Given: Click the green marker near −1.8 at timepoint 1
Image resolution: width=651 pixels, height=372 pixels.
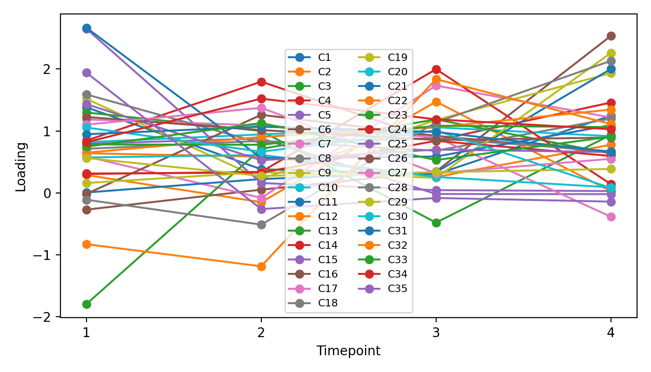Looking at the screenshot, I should coord(86,304).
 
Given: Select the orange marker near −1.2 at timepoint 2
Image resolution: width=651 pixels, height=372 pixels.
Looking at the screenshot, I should coord(261,266).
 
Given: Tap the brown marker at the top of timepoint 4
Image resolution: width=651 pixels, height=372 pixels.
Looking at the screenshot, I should coord(611,36).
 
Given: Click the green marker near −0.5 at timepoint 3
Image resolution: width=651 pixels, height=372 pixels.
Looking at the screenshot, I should coord(436,223).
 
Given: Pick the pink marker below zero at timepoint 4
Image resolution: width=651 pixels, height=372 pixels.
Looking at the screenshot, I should coord(611,217).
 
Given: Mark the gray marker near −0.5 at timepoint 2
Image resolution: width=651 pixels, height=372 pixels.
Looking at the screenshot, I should coord(261,225).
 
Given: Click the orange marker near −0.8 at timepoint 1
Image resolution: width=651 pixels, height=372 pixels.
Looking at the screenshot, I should coord(86,244).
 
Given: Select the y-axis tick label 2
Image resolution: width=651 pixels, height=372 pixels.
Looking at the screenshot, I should coord(52,69).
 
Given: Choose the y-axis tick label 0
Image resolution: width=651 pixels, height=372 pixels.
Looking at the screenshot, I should coord(52,193).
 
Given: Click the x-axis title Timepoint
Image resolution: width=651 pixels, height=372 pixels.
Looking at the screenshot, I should coord(348,351).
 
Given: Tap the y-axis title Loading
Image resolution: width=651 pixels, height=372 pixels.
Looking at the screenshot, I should coord(21,166).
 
